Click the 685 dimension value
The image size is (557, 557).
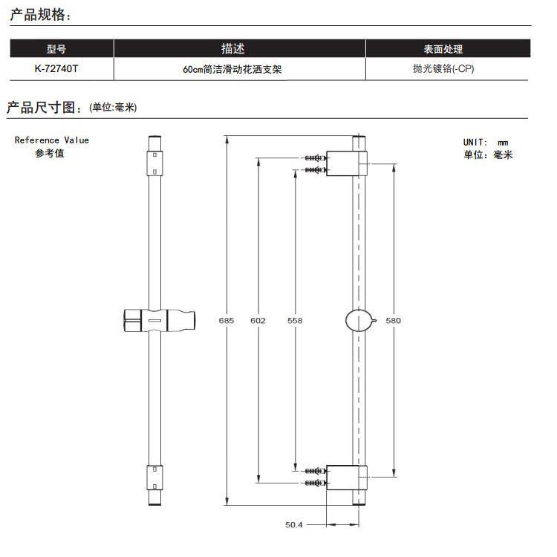click(x=227, y=321)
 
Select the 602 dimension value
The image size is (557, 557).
click(x=258, y=321)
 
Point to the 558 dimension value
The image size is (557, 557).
click(x=295, y=321)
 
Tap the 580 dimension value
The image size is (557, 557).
click(x=394, y=321)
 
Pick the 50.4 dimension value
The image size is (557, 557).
click(x=295, y=524)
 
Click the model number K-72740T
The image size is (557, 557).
click(x=56, y=69)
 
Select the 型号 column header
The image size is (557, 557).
click(x=56, y=49)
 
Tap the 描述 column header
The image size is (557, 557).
click(x=232, y=49)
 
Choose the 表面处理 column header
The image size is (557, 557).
click(x=443, y=49)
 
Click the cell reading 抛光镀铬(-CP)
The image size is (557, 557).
click(x=443, y=69)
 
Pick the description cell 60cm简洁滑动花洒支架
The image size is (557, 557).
click(x=232, y=70)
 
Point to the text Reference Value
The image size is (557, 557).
click(x=51, y=140)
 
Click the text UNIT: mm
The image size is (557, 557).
click(x=486, y=142)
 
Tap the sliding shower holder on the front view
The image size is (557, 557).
click(x=157, y=320)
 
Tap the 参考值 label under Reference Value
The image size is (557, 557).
click(x=50, y=154)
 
